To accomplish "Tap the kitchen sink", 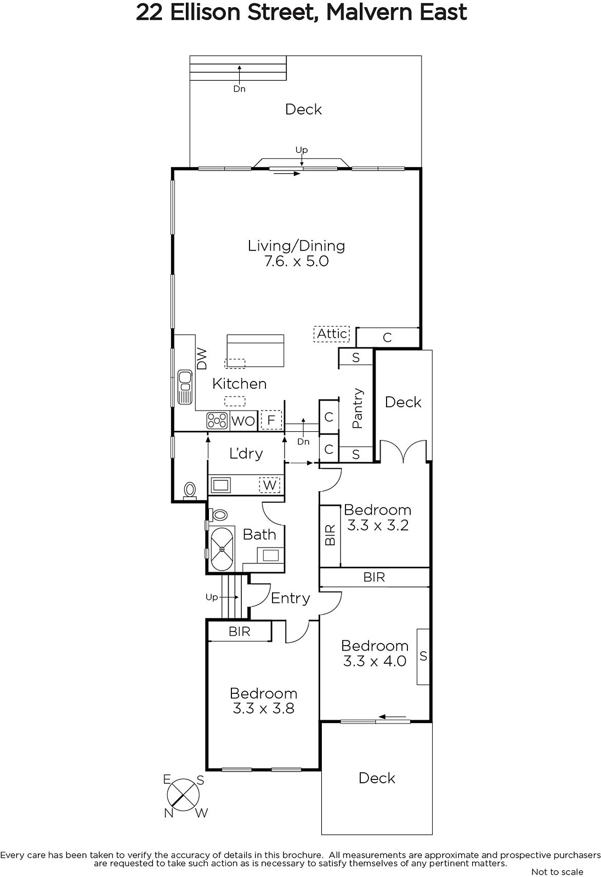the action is [x=185, y=387].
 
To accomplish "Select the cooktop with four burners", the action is [x=217, y=421].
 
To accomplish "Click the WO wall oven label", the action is [x=243, y=422].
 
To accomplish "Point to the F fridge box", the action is [x=271, y=420].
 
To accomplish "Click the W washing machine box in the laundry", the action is [x=270, y=485].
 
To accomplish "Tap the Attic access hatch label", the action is [x=331, y=334].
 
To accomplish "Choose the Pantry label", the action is [x=358, y=408].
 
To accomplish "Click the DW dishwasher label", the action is [x=201, y=360].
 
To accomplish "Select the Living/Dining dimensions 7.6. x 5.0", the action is [x=297, y=261].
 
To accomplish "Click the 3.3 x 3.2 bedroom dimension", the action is [x=378, y=526].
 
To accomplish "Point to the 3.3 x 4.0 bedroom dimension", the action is [x=375, y=661].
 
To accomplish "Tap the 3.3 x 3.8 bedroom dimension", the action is [x=263, y=708].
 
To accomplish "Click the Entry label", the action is [x=290, y=598].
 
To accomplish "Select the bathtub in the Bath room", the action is [x=222, y=549].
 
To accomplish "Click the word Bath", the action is [x=259, y=534].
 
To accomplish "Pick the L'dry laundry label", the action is [x=246, y=453].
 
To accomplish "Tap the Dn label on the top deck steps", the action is [x=240, y=89].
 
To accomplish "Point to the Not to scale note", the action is [x=557, y=872].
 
